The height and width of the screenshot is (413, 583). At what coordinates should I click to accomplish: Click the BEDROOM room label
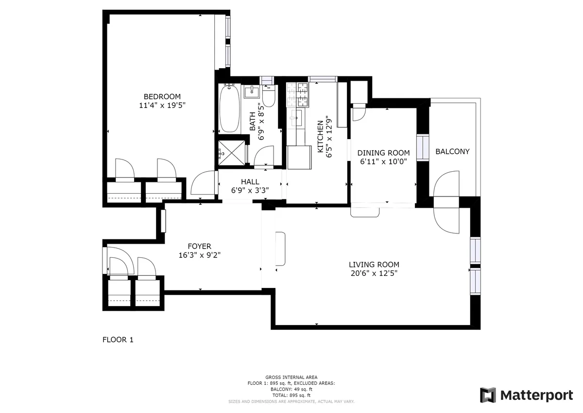tap(162, 96)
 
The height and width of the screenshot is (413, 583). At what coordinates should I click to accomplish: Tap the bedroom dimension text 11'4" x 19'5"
tap(162, 105)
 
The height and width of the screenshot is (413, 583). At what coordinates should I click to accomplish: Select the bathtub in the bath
tap(229, 109)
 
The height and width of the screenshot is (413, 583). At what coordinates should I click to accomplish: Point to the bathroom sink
tap(252, 90)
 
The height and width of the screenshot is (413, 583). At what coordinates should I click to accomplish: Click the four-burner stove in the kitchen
tap(297, 95)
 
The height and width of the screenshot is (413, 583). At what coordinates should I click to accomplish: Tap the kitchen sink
tap(295, 117)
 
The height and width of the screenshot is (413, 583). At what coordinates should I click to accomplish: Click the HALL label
tap(250, 181)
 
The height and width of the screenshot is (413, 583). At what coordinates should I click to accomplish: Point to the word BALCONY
tap(452, 151)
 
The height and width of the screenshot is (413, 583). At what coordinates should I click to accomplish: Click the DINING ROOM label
tap(383, 153)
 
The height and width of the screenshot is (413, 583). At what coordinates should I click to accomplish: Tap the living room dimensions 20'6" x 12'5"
tap(374, 273)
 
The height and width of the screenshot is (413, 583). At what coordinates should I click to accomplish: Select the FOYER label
tap(200, 246)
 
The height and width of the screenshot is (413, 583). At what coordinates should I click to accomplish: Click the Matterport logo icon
tap(488, 395)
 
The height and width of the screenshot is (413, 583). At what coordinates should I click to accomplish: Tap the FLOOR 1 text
tap(118, 340)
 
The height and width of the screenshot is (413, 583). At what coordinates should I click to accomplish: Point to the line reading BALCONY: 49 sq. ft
tap(291, 389)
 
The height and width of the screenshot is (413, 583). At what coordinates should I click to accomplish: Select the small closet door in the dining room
tap(358, 112)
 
